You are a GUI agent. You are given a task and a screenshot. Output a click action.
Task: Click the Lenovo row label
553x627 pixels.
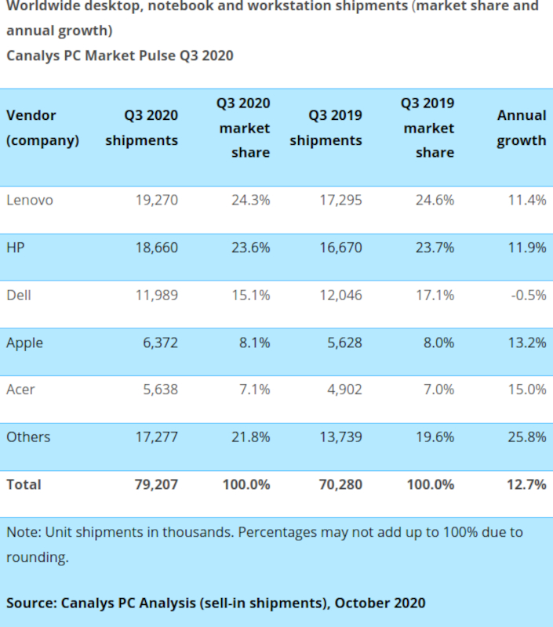[x=30, y=200]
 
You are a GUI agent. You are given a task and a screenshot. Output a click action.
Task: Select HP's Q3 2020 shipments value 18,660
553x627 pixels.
[x=156, y=248]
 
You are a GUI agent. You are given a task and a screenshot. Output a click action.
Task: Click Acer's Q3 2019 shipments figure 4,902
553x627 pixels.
[x=342, y=390]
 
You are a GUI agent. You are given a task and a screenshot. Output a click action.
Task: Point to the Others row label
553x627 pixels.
[x=28, y=437]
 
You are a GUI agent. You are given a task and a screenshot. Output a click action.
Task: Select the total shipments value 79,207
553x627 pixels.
[x=156, y=484]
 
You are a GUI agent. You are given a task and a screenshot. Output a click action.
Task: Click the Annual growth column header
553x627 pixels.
[x=521, y=128]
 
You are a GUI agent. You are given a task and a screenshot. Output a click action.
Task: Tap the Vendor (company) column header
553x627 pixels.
[x=42, y=128]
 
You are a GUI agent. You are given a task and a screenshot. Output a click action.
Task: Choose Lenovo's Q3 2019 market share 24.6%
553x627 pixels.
[x=435, y=200]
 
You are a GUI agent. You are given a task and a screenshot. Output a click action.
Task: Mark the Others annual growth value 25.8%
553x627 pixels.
[x=526, y=437]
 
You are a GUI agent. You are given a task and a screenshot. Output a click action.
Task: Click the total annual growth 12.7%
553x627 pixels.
[x=526, y=484]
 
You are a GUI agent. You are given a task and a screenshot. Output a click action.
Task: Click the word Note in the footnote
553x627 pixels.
[x=22, y=532]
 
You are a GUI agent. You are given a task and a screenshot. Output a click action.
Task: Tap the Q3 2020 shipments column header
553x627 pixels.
[x=142, y=128]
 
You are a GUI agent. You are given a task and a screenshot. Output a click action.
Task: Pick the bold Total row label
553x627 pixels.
[x=24, y=484]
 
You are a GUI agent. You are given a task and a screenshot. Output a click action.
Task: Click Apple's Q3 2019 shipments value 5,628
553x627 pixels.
[x=342, y=342]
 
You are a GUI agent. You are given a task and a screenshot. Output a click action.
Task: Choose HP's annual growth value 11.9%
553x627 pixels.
[x=526, y=248]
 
